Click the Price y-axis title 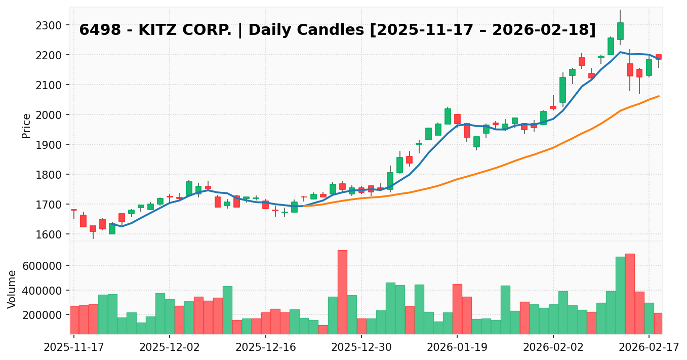tap(26, 126)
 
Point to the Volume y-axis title tap(12, 289)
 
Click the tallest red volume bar tap(342, 292)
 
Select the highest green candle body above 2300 tap(620, 31)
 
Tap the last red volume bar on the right tap(658, 323)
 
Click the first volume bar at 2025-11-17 tap(74, 320)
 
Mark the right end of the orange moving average tap(659, 96)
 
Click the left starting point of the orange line tap(304, 206)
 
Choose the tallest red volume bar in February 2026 tap(630, 294)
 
